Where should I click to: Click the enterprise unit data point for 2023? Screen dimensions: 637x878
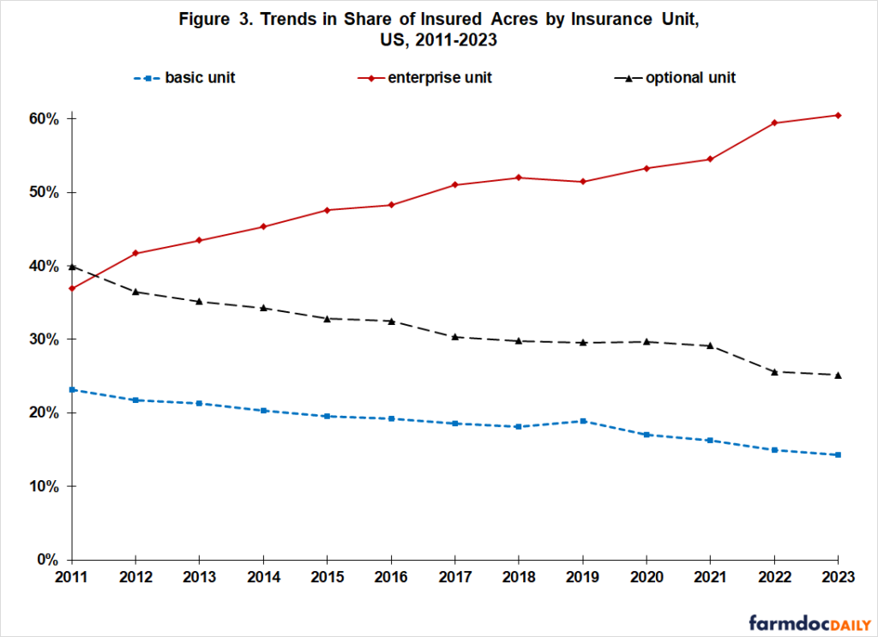click(x=838, y=115)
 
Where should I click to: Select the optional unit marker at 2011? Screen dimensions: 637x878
click(x=72, y=267)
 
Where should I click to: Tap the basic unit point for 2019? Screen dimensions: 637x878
click(x=583, y=421)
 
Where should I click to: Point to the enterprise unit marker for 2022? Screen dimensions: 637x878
click(x=774, y=123)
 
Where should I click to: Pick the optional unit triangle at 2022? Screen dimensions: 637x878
click(x=774, y=371)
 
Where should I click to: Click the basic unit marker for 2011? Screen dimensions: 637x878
click(x=72, y=389)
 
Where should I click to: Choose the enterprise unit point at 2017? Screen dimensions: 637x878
click(x=455, y=184)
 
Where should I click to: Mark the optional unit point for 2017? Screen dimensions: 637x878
click(x=455, y=337)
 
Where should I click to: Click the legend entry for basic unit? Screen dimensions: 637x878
click(x=200, y=78)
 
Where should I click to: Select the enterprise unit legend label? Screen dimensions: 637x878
click(x=439, y=78)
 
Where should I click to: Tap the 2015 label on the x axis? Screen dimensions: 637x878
click(x=328, y=577)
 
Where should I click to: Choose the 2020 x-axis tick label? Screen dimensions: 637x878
click(x=646, y=577)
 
